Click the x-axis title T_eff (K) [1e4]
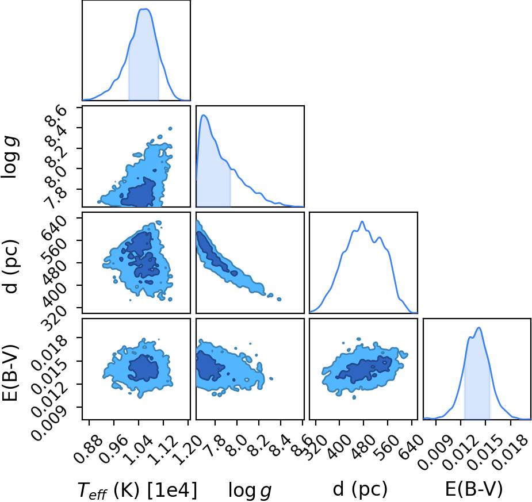[137, 490]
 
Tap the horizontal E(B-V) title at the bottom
[474, 489]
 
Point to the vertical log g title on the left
[10, 157]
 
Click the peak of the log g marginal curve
[204, 116]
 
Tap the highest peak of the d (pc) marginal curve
[362, 221]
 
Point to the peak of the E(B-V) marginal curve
[479, 328]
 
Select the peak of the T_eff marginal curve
[145, 9]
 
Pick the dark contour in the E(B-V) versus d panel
[364, 370]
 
